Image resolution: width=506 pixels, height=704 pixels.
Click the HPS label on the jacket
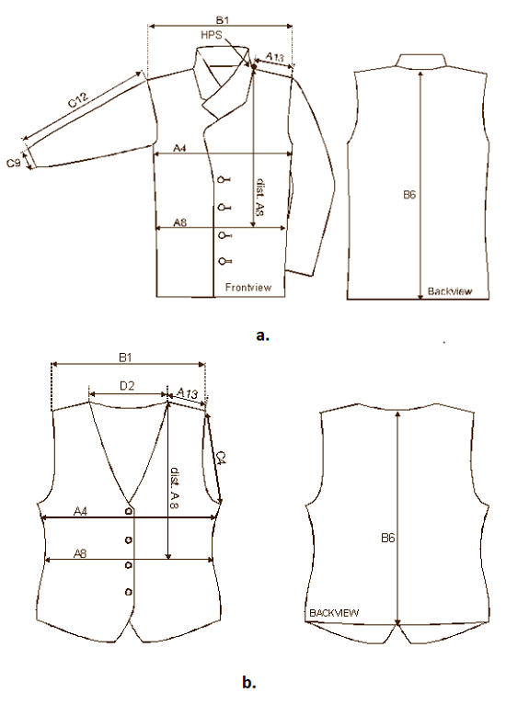pos(212,35)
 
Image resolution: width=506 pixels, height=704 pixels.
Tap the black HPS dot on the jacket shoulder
pos(253,66)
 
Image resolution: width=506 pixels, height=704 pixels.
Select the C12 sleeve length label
pos(79,100)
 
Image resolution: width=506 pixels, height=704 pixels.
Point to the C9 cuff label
pos(14,162)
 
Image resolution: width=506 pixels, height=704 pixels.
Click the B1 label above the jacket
pos(223,19)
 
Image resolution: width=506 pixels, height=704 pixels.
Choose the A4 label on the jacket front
pos(179,148)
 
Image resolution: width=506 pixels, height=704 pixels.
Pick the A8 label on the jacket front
pos(179,221)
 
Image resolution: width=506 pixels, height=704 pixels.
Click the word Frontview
pos(248,287)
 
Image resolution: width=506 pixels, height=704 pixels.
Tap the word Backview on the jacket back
pos(450,291)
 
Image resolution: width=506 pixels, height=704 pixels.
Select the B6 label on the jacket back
pos(408,195)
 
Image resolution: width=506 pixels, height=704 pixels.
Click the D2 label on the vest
pos(127,385)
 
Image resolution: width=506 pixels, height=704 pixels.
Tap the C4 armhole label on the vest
pos(221,458)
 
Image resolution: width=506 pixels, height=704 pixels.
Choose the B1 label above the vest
pos(125,358)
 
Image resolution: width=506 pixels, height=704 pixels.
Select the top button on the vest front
pos(130,511)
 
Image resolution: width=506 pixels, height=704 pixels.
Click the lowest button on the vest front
pos(129,591)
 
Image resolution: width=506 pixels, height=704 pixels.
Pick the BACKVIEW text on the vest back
pos(334,612)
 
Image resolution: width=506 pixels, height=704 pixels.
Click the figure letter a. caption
pos(263,335)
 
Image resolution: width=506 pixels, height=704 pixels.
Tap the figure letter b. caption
pos(249,683)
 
